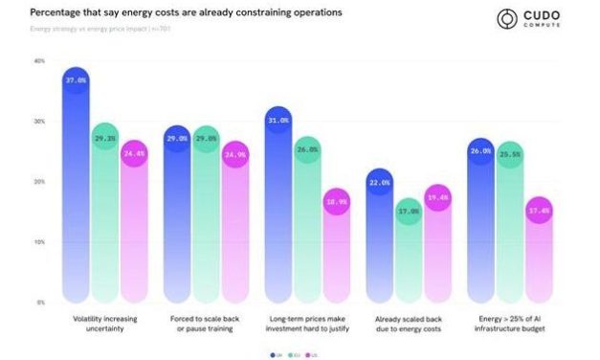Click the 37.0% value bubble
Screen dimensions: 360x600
tap(76, 81)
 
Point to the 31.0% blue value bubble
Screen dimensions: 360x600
tap(278, 121)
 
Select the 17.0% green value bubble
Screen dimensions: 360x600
tap(410, 212)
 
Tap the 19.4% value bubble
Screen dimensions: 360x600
tap(437, 198)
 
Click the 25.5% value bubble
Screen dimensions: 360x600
tap(510, 154)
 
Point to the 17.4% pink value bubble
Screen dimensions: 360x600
tap(540, 211)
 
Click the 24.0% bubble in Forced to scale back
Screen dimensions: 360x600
tap(235, 154)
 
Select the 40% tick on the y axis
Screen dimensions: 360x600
tap(39, 61)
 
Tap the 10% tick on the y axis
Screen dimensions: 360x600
tap(39, 242)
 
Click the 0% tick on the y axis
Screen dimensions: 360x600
tap(41, 303)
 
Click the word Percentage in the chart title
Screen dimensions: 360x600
tap(56, 12)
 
